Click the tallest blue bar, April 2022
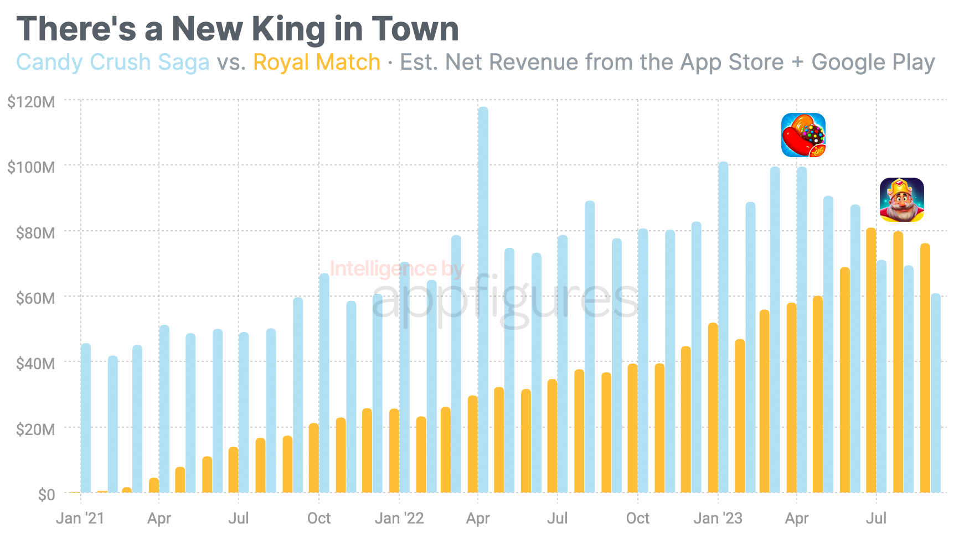click(483, 299)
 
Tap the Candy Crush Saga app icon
click(803, 135)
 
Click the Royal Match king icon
click(901, 200)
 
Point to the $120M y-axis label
click(31, 102)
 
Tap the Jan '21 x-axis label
click(80, 519)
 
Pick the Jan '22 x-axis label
click(399, 519)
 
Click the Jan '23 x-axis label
click(718, 519)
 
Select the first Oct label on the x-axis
click(319, 519)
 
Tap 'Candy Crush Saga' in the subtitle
click(113, 62)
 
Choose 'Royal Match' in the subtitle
click(317, 62)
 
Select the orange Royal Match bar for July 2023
click(871, 360)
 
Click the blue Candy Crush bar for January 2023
click(723, 326)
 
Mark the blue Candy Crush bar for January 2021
click(86, 418)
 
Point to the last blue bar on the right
click(936, 393)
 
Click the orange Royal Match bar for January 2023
click(713, 408)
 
